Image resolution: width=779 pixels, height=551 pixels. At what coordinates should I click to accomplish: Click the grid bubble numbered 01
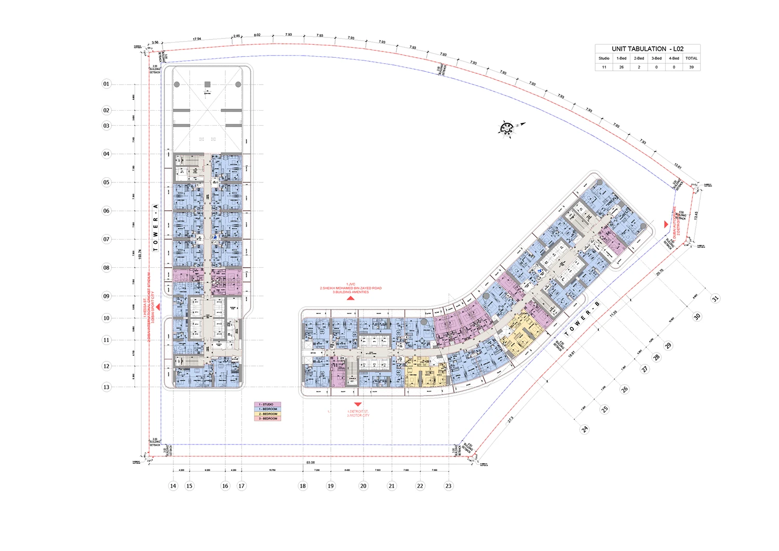106,84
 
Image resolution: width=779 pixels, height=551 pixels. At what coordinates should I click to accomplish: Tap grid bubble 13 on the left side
106,387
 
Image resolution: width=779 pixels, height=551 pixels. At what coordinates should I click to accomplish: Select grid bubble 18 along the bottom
303,486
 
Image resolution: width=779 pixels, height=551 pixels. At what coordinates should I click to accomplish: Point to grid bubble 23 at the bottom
448,486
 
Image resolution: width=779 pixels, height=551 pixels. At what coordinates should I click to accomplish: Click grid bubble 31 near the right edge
715,298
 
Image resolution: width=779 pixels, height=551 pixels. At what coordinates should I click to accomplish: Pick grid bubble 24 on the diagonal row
585,429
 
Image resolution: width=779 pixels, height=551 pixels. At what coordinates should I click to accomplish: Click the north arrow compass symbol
507,128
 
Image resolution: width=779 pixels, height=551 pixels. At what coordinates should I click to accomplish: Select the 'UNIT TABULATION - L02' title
648,49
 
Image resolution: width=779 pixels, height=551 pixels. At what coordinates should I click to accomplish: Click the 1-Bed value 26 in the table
621,67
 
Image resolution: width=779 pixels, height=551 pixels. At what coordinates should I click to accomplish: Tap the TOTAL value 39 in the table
691,67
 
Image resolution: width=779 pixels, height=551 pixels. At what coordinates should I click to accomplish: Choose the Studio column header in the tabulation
604,58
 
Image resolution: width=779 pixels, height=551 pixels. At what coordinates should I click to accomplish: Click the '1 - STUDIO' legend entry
267,404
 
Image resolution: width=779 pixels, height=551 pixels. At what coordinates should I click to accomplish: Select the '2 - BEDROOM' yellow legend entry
267,414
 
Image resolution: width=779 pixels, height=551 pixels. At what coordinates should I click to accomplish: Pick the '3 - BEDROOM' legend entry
267,418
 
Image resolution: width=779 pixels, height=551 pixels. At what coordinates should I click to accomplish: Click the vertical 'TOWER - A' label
155,228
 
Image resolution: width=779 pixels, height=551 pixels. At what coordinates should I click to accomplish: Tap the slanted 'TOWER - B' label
582,319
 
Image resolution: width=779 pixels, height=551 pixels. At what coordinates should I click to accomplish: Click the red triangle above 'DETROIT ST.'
357,404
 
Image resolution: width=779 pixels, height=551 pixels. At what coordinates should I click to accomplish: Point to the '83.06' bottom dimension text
311,462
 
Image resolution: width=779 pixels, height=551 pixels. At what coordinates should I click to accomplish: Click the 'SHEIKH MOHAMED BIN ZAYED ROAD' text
352,288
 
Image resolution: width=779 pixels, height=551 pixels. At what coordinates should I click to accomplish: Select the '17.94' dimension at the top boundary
197,39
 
